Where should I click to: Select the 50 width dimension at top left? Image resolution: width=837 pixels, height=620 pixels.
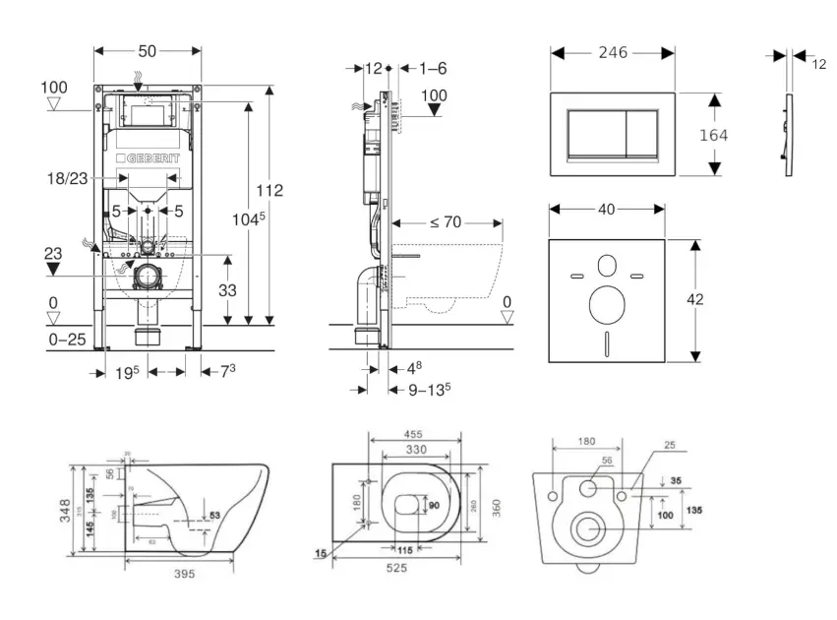(149, 50)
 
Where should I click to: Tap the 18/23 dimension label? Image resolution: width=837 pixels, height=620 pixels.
(66, 179)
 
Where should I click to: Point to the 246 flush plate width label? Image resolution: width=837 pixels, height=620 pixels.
(613, 52)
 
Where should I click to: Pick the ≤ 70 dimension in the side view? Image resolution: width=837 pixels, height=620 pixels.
(445, 222)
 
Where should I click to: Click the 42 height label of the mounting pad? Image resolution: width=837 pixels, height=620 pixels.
(695, 300)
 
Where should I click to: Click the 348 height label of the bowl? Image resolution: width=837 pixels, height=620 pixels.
(66, 508)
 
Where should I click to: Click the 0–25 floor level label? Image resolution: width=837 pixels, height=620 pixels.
(68, 340)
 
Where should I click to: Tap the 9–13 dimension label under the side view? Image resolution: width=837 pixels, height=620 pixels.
(429, 389)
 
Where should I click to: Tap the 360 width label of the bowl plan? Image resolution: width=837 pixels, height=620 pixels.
(496, 508)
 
